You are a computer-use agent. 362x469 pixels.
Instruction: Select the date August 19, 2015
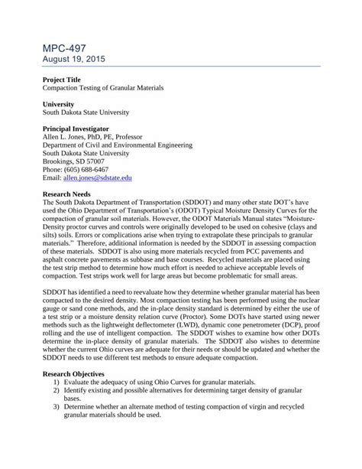(74, 59)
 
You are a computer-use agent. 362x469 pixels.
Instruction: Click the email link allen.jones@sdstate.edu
(97, 177)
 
